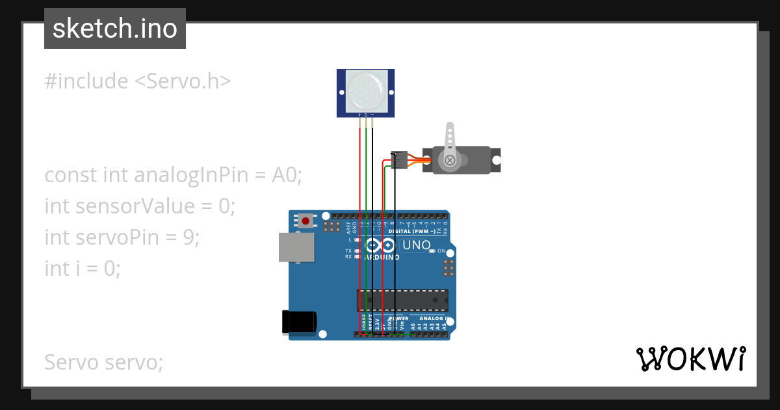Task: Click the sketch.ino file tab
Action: (x=114, y=29)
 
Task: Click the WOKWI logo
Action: (x=690, y=359)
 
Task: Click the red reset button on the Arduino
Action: (x=305, y=221)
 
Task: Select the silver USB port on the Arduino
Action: (x=296, y=247)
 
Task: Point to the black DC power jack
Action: (x=299, y=322)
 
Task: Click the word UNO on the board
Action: (x=417, y=245)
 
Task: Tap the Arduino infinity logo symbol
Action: (x=380, y=245)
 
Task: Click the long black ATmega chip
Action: (x=402, y=299)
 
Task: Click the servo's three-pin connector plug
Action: (x=399, y=159)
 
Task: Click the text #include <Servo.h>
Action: (x=138, y=81)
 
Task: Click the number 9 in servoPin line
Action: (x=189, y=238)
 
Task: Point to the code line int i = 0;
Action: (x=83, y=268)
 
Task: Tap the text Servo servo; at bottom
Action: (x=103, y=362)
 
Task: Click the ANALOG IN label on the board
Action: (x=434, y=318)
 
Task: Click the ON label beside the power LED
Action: (x=441, y=251)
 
